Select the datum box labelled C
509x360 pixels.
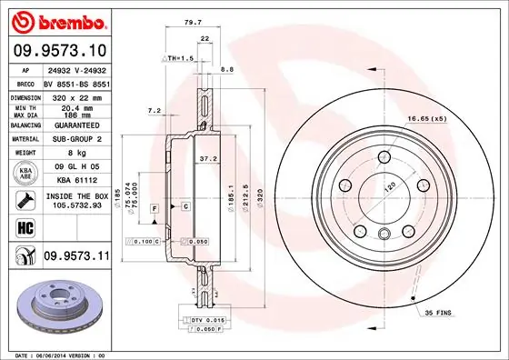point(185,207)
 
